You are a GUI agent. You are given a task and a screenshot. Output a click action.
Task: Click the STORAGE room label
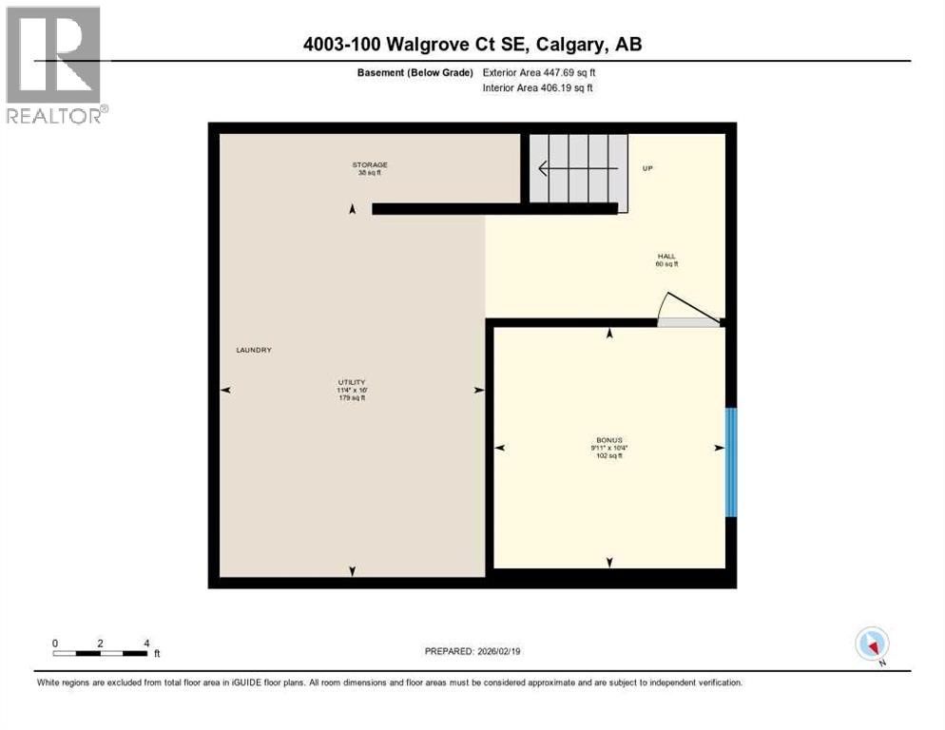click(x=371, y=164)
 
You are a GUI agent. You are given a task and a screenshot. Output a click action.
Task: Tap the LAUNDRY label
click(x=254, y=350)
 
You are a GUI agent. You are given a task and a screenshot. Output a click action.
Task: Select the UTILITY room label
click(x=352, y=382)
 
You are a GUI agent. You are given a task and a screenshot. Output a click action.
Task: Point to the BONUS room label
click(x=608, y=441)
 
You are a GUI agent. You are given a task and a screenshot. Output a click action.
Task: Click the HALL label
click(x=665, y=257)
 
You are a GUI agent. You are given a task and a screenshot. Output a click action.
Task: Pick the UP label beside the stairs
click(x=647, y=168)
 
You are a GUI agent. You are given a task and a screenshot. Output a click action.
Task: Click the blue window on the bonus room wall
click(x=731, y=462)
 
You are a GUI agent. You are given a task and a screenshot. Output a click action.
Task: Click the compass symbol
click(x=872, y=644)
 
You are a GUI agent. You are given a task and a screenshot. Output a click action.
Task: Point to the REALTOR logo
click(x=55, y=65)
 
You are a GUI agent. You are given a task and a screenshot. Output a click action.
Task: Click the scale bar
click(x=101, y=653)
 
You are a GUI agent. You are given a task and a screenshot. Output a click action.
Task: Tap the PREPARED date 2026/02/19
click(x=472, y=651)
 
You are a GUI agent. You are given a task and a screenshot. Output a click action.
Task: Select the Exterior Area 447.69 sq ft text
click(x=539, y=72)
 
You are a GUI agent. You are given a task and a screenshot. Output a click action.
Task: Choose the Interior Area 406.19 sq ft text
click(x=538, y=88)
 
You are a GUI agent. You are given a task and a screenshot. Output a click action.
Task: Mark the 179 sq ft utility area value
click(x=352, y=397)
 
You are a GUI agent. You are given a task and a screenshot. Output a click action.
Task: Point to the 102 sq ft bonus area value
click(x=608, y=456)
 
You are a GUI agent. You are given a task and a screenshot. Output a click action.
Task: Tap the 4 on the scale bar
click(x=145, y=644)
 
